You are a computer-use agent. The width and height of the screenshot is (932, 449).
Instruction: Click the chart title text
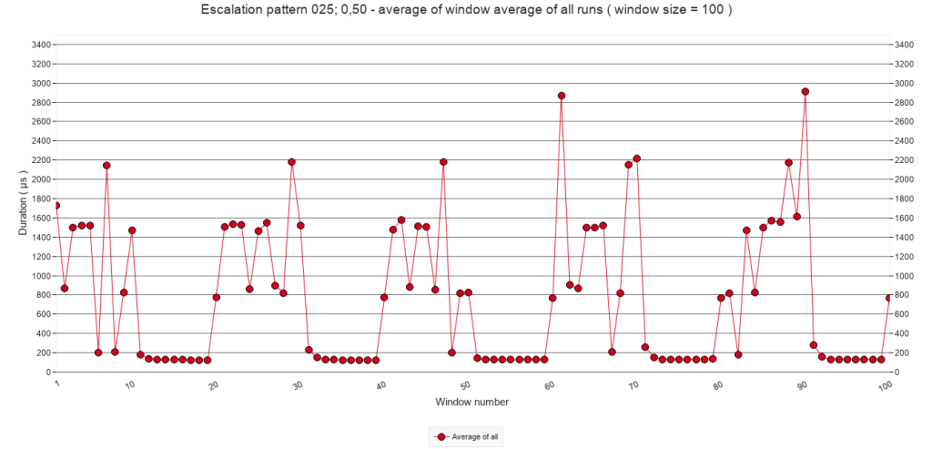(x=465, y=11)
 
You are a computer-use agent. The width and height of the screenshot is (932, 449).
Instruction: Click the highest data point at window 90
(x=805, y=91)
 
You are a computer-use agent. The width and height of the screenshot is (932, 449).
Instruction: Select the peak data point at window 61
(x=562, y=96)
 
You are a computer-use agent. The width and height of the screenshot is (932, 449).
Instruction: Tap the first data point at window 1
(x=56, y=206)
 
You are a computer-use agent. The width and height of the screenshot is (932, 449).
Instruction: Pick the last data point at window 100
(x=889, y=298)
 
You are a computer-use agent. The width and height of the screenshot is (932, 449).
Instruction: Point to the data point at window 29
(x=292, y=162)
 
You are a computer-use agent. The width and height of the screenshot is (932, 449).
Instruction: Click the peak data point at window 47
(x=443, y=162)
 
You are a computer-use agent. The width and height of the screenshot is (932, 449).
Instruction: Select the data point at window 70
(x=637, y=158)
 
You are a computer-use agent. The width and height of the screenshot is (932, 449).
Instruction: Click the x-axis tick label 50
(x=466, y=386)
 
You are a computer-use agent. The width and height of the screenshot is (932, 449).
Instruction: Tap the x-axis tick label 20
(x=214, y=386)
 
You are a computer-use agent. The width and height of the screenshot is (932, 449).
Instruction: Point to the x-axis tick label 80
(x=718, y=386)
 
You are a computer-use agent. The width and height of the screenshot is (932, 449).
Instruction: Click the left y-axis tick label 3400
(x=41, y=44)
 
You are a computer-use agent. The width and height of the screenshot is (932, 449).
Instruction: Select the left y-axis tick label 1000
(x=41, y=275)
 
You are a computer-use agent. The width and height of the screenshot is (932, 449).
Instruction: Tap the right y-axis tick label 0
(x=899, y=372)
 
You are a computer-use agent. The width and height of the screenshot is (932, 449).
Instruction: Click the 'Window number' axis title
(x=471, y=402)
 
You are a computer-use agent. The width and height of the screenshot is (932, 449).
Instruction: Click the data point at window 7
(x=106, y=166)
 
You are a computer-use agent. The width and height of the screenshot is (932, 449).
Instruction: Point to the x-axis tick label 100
(x=884, y=387)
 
